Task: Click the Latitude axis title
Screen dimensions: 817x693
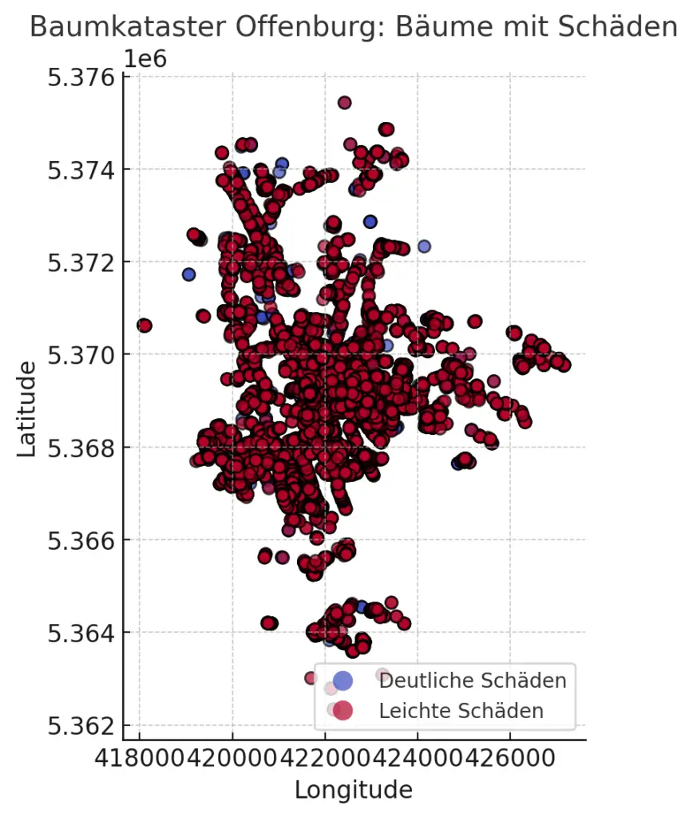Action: click(26, 408)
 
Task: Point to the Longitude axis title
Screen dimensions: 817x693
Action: click(354, 790)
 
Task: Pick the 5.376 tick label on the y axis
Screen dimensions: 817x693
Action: click(81, 77)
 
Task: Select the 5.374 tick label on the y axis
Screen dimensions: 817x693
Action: click(81, 170)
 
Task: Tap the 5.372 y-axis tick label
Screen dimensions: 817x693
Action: click(81, 262)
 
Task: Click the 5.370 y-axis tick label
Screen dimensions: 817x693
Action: click(81, 355)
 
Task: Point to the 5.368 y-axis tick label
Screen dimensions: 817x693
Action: click(81, 448)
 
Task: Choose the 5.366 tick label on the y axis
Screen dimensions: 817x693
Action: click(81, 540)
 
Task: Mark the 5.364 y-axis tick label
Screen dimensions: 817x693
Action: click(81, 633)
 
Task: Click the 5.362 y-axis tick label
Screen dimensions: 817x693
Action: click(81, 726)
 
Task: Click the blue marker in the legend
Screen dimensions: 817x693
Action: click(343, 681)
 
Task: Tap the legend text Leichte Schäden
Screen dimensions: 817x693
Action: click(461, 710)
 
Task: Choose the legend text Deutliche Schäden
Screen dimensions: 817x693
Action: click(473, 681)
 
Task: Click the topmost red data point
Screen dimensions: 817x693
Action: click(344, 102)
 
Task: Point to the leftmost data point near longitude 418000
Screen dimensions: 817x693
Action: click(145, 326)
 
